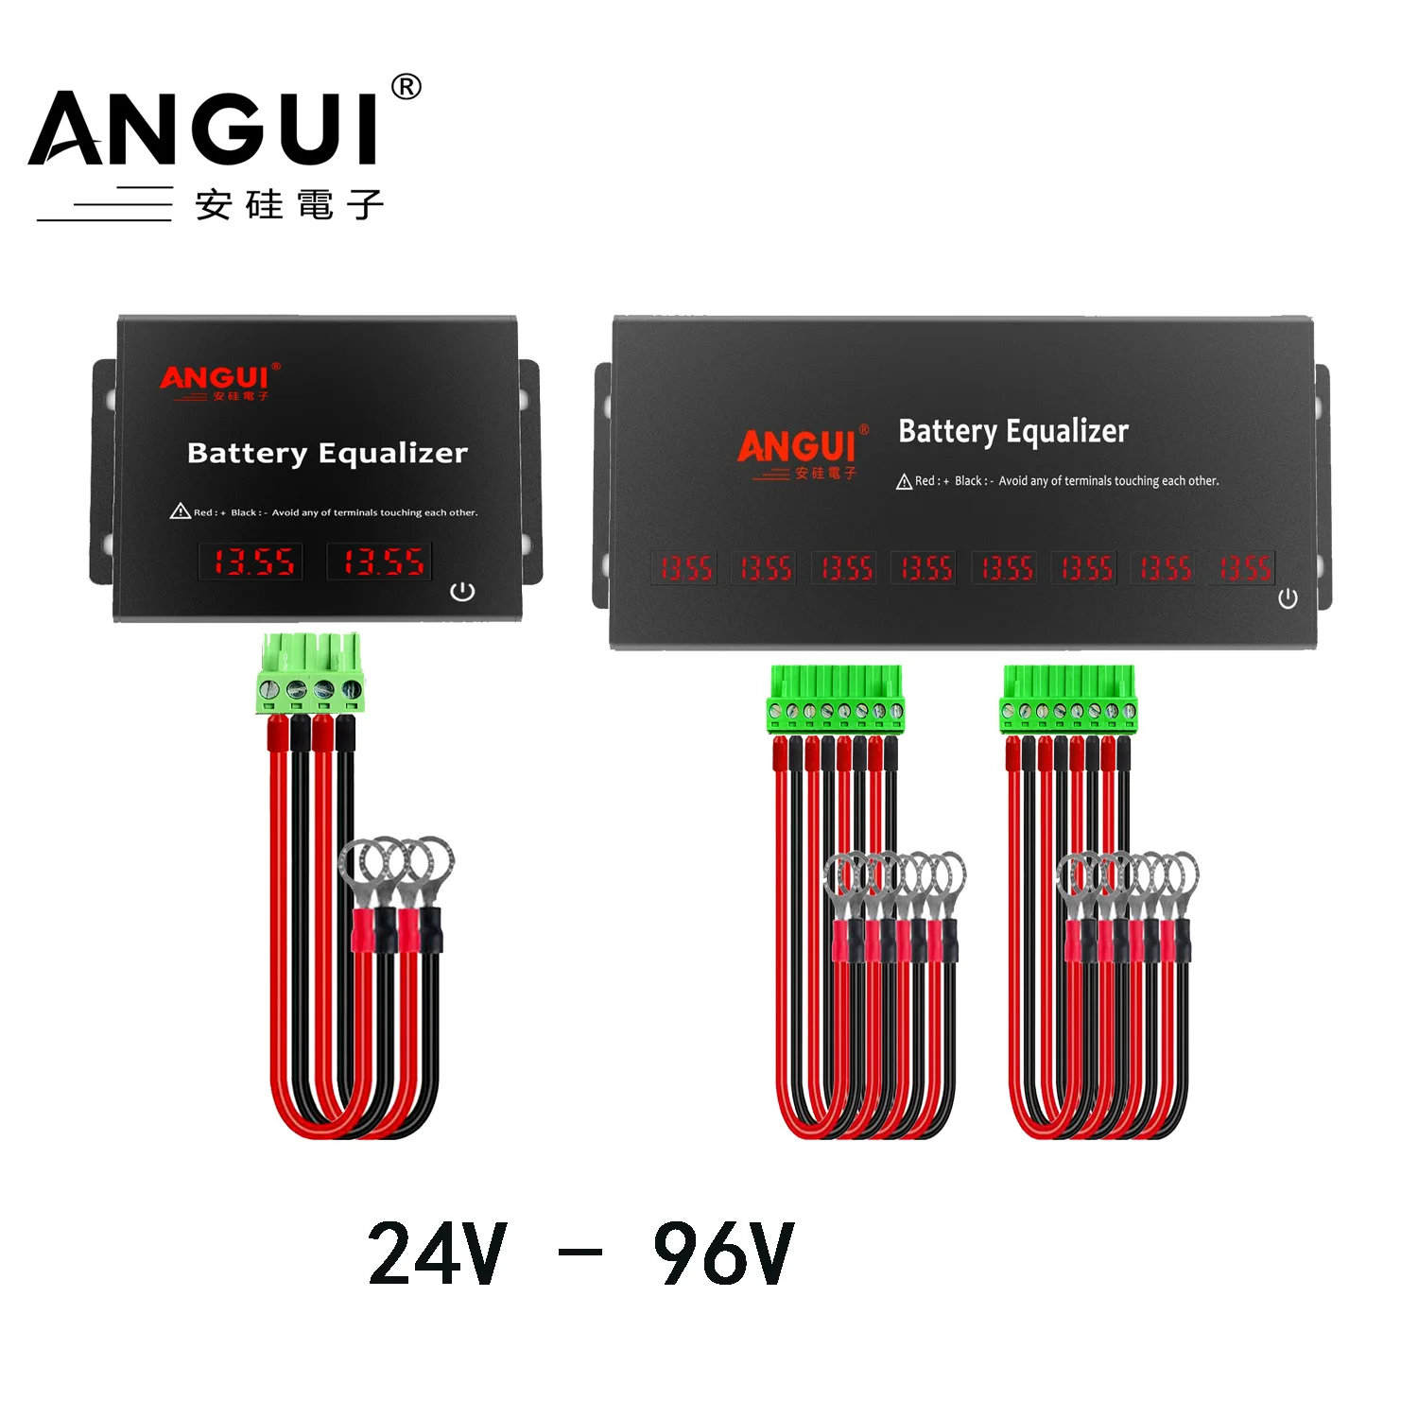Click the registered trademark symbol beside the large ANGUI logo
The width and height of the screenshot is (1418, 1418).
click(406, 88)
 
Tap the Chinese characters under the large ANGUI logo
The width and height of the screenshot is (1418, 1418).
click(289, 204)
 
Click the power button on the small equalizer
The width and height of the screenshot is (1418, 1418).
click(462, 592)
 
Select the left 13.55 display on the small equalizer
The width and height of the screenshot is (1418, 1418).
click(251, 562)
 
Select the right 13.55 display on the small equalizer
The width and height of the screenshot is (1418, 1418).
click(380, 562)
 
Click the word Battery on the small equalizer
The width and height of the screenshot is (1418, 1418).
click(247, 454)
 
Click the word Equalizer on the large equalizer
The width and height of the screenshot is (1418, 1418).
click(1067, 432)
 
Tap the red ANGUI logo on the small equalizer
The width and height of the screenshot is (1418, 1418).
click(215, 379)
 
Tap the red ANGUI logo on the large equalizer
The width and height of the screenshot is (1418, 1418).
click(797, 446)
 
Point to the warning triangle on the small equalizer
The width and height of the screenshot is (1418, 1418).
click(180, 511)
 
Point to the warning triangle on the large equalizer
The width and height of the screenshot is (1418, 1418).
click(904, 482)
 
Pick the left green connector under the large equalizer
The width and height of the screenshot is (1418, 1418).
click(836, 700)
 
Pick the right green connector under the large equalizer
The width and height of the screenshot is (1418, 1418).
click(1068, 700)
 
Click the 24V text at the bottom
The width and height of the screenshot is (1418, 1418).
click(438, 1254)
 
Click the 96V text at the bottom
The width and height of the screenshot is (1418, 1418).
click(724, 1254)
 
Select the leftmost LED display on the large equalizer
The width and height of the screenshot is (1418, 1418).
click(684, 568)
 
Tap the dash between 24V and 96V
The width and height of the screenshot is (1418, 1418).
click(580, 1254)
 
